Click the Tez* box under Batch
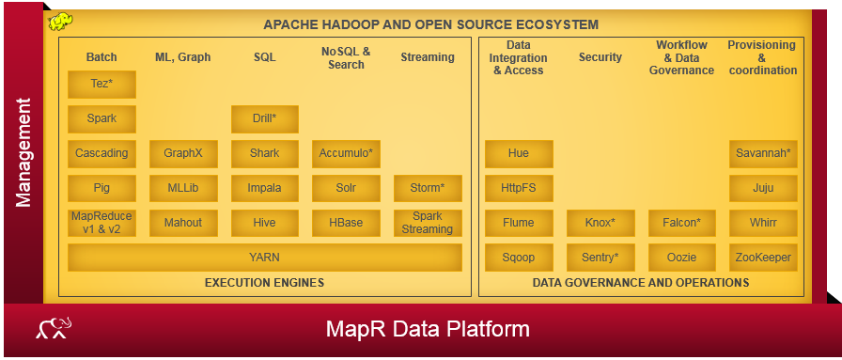click(x=101, y=85)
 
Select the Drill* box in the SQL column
click(x=264, y=119)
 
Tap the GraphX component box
click(x=183, y=153)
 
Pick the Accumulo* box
click(x=346, y=153)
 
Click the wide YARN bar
click(x=264, y=257)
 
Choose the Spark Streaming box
click(x=428, y=223)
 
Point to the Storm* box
click(x=428, y=188)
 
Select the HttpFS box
click(x=519, y=188)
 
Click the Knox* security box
click(x=600, y=223)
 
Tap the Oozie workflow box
click(x=681, y=257)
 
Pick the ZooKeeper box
click(x=763, y=257)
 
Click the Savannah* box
click(x=763, y=153)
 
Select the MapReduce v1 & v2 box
click(x=101, y=223)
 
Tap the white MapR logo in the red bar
click(x=55, y=328)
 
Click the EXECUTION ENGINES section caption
click(x=264, y=282)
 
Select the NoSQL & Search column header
click(x=346, y=57)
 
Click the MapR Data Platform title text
click(x=428, y=329)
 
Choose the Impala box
click(x=264, y=188)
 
